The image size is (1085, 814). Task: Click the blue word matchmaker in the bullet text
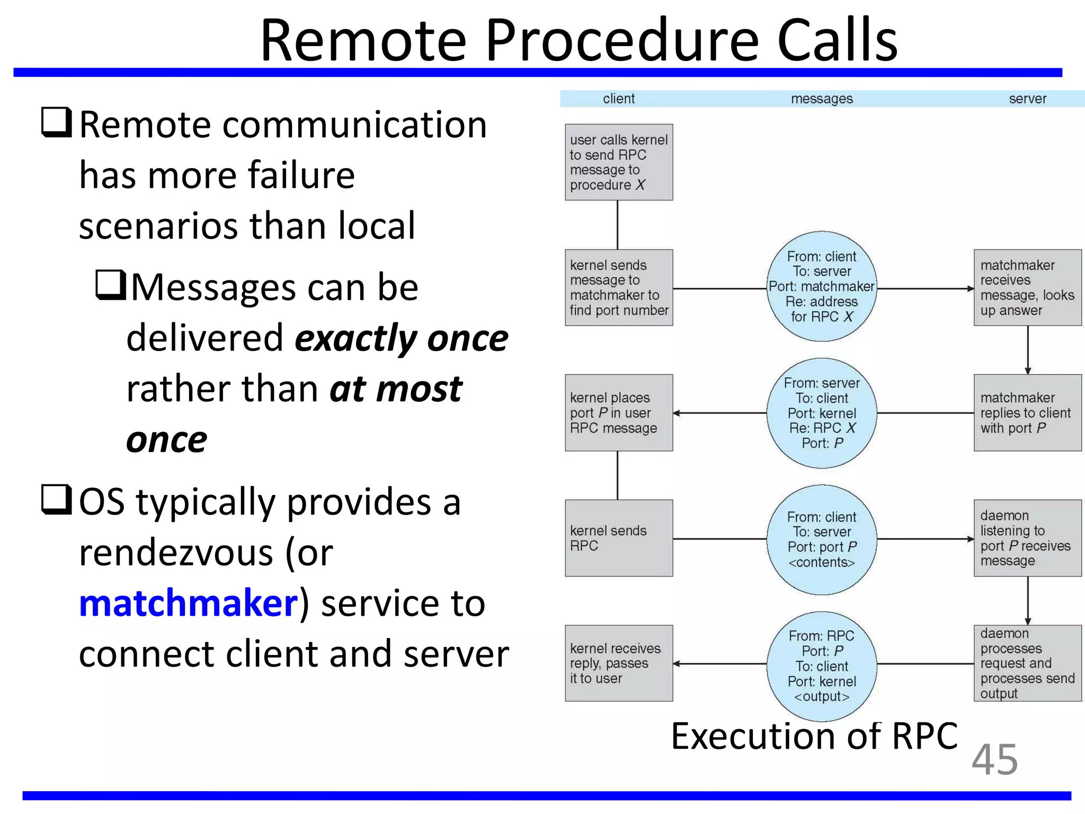click(x=189, y=604)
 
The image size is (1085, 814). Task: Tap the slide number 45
click(x=994, y=759)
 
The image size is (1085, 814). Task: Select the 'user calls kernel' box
click(x=619, y=162)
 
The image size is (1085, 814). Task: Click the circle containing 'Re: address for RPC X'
click(x=822, y=287)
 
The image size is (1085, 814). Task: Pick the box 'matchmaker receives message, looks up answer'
click(x=1027, y=287)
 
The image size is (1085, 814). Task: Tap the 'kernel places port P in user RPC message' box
click(x=619, y=413)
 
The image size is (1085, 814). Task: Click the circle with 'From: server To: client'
click(x=822, y=413)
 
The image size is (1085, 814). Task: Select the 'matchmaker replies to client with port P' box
click(x=1027, y=413)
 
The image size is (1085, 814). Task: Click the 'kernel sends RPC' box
click(x=619, y=538)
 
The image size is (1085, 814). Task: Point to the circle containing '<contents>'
click(x=822, y=539)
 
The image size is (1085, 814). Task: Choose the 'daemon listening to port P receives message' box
click(x=1027, y=538)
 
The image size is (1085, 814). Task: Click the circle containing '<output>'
click(x=822, y=666)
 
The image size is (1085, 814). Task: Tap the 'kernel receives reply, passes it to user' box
click(x=619, y=663)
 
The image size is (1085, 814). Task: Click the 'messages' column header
click(x=822, y=99)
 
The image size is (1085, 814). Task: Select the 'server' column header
click(x=1027, y=99)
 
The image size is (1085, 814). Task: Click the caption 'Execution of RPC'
click(x=814, y=736)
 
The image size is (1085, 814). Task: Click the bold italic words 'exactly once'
click(x=401, y=339)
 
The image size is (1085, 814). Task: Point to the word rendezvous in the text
click(x=176, y=553)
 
